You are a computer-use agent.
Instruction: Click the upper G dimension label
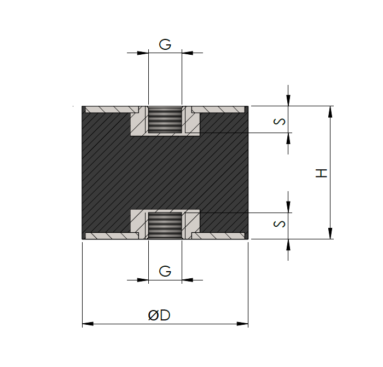click(165, 44)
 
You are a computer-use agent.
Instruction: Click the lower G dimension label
click(165, 271)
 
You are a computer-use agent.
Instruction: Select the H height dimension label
click(322, 173)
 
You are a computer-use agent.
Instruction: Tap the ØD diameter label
click(159, 316)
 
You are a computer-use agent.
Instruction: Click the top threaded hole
click(165, 120)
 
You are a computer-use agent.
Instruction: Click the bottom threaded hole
click(165, 225)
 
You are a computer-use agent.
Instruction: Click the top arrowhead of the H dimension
click(330, 112)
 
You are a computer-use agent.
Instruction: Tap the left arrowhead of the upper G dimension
click(143, 53)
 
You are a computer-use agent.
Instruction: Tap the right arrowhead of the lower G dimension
click(188, 280)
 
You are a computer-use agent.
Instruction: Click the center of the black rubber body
click(165, 173)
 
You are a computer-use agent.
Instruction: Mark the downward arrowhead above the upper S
click(289, 100)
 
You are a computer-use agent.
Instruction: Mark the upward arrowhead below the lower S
click(289, 245)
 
